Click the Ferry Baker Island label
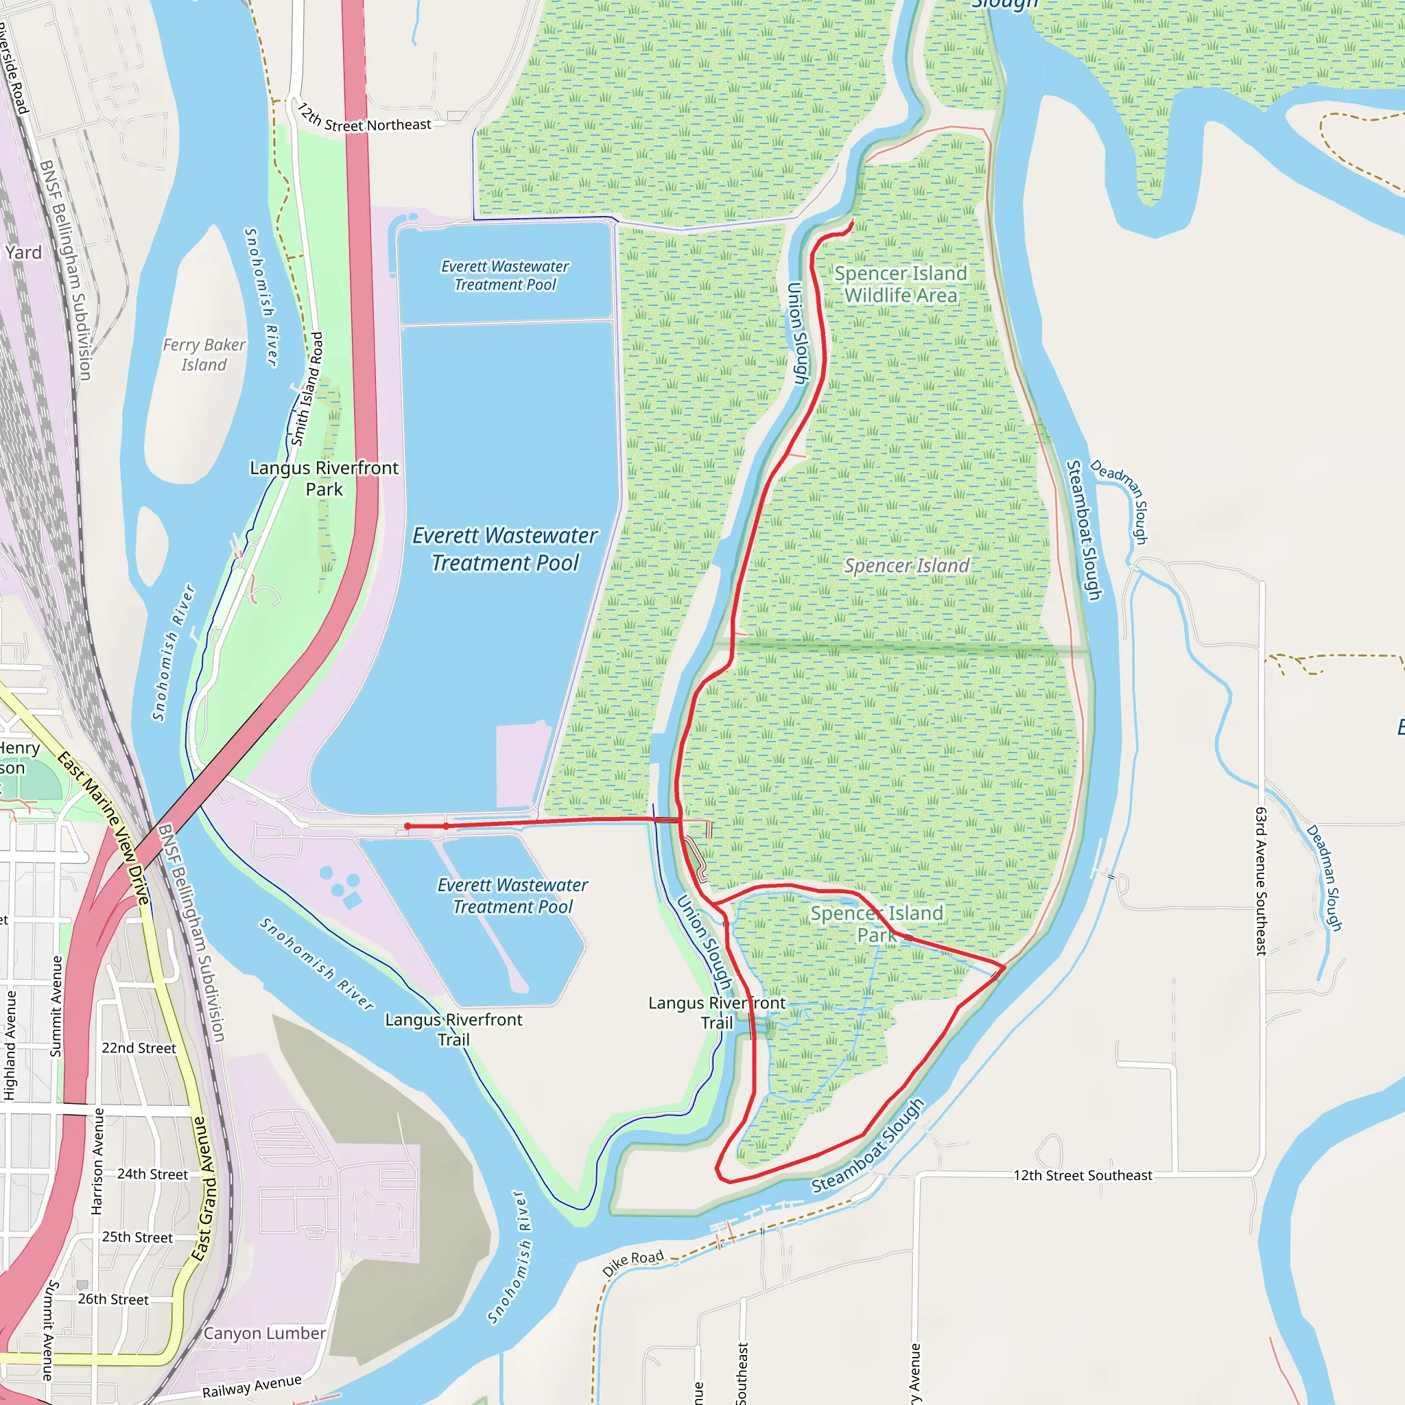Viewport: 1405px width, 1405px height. tap(204, 354)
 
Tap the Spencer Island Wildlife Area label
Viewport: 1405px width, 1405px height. tap(900, 284)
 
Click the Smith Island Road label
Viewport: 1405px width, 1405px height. tap(307, 389)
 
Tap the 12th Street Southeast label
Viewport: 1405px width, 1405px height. tap(1082, 1176)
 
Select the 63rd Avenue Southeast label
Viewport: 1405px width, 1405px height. tap(1261, 881)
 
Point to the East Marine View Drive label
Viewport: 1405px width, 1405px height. tap(104, 828)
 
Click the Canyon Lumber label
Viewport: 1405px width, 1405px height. tap(264, 1333)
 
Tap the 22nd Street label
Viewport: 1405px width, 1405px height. tap(138, 1048)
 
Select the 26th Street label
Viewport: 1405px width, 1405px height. tap(113, 1299)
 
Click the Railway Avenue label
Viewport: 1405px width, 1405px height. tap(252, 1386)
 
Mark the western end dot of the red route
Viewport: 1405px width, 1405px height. tap(408, 826)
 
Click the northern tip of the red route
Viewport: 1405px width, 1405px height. tap(851, 222)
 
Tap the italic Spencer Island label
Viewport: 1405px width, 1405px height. tap(906, 565)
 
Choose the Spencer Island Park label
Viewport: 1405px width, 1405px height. tap(876, 923)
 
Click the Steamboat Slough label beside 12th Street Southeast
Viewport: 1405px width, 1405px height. tap(869, 1146)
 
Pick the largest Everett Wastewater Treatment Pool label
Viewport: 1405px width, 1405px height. tap(505, 549)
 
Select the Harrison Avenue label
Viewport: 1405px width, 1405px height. tap(97, 1161)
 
